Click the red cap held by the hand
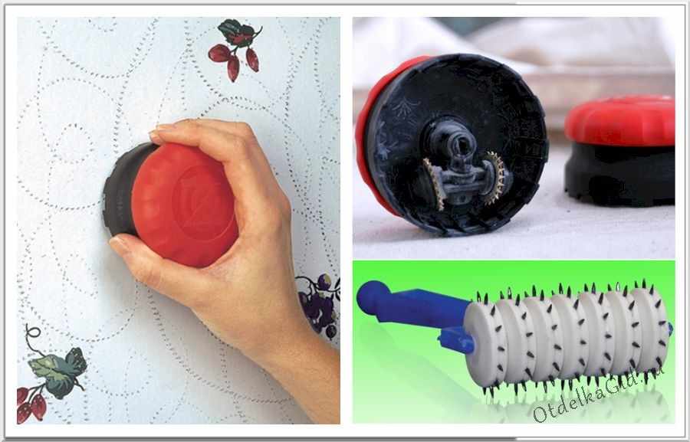click(185, 205)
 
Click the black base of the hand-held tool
click(119, 189)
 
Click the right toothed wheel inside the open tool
click(496, 178)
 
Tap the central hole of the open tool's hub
click(462, 144)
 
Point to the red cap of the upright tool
click(620, 120)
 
